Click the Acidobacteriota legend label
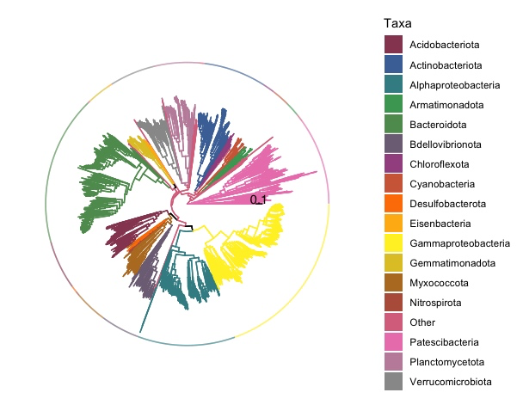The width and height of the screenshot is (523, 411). (x=444, y=45)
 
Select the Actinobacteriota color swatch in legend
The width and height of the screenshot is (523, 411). (x=394, y=64)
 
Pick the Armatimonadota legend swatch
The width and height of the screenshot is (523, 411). (x=394, y=104)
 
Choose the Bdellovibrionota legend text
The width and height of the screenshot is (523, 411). (x=446, y=144)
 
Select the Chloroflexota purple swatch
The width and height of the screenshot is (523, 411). (x=394, y=163)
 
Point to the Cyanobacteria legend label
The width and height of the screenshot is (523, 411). (x=441, y=184)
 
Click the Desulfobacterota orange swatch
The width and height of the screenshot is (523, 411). (x=394, y=204)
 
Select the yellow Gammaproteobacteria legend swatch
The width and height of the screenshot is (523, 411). (x=394, y=243)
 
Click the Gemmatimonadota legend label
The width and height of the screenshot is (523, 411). (x=448, y=263)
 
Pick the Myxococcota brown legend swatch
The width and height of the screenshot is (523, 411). (x=394, y=283)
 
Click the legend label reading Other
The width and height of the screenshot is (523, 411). (x=422, y=322)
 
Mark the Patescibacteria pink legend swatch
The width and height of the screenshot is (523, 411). (x=394, y=342)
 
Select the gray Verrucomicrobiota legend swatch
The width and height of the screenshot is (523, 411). (x=394, y=382)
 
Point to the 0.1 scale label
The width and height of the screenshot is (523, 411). (x=259, y=199)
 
